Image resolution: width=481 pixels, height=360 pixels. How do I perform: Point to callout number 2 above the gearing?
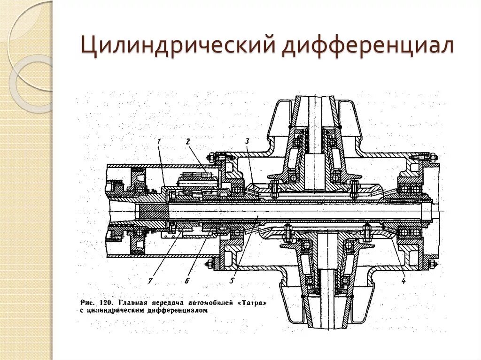[187, 141]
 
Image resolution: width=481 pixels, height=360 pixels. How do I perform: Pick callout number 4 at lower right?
[403, 281]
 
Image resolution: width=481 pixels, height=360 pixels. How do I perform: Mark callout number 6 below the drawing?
[186, 281]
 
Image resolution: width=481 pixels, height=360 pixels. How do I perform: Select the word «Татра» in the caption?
[254, 304]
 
